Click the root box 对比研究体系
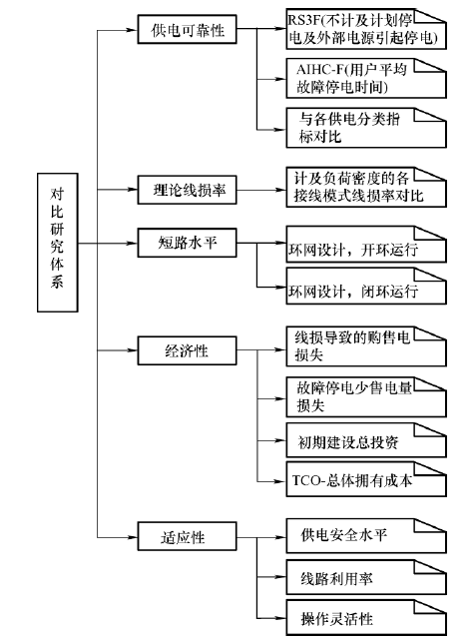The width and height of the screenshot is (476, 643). tap(58, 243)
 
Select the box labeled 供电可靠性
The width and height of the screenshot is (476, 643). tap(187, 29)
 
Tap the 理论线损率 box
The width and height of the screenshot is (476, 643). tap(187, 190)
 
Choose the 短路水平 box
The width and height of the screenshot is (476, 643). tap(187, 244)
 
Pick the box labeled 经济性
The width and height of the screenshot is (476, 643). tap(187, 350)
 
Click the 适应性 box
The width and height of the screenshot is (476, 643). tap(187, 536)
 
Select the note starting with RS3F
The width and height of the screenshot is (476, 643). tap(366, 29)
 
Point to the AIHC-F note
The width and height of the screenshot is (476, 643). tap(366, 78)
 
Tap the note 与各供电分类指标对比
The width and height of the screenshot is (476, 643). tap(366, 128)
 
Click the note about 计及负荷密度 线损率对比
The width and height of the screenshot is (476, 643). tap(366, 187)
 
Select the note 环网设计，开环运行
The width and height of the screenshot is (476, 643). tap(366, 245)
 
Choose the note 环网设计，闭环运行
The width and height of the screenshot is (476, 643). tap(366, 287)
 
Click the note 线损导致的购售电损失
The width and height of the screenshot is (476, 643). tap(366, 346)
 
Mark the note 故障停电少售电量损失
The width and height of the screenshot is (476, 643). tap(366, 397)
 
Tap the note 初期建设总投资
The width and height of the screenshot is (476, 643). tap(366, 440)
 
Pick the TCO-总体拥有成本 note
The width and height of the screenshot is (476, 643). tap(366, 479)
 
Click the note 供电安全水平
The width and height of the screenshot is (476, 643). tap(366, 536)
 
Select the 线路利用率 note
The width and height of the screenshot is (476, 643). tap(366, 577)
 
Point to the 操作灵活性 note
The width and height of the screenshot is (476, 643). tap(366, 618)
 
